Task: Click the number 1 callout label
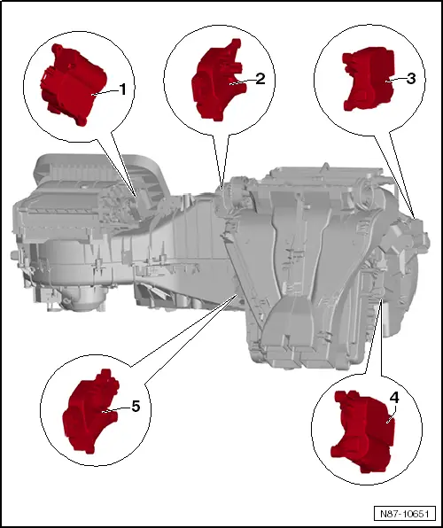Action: pyautogui.click(x=123, y=90)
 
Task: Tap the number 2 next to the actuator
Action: pyautogui.click(x=260, y=78)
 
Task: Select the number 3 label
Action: pyautogui.click(x=412, y=78)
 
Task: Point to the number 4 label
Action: pyautogui.click(x=394, y=398)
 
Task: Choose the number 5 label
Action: pyautogui.click(x=136, y=407)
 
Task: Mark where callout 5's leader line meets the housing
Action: pyautogui.click(x=236, y=297)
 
